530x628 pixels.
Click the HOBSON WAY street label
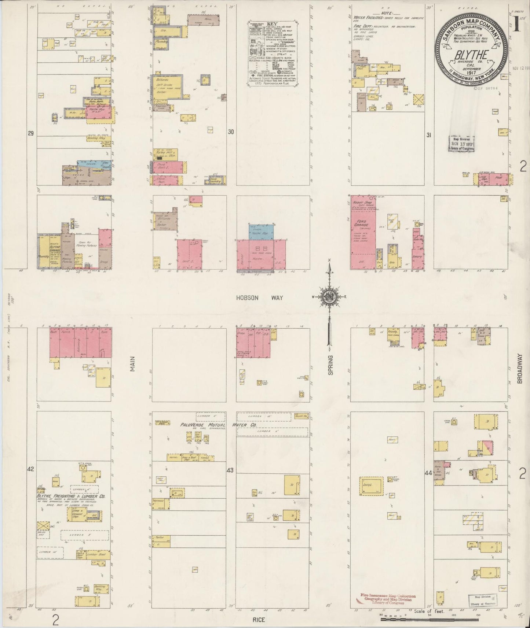259,298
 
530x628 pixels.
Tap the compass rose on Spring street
329,298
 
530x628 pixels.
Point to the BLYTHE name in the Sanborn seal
471,55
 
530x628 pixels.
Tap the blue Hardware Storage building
260,232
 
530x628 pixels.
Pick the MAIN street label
132,364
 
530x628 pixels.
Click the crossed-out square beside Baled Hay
43,526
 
